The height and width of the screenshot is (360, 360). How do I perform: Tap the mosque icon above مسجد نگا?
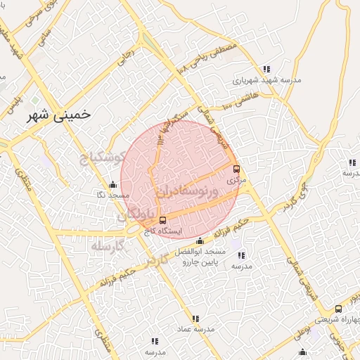[x=112, y=184]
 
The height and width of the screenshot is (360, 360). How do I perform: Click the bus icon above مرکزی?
[x=236, y=169]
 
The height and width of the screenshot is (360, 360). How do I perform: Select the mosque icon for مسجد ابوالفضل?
[x=200, y=241]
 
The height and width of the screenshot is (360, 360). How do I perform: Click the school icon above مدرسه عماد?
[x=195, y=319]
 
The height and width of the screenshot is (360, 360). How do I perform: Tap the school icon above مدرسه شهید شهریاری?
[x=266, y=69]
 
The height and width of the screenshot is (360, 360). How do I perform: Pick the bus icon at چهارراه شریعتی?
[x=338, y=309]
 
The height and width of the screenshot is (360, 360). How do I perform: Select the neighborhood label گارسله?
[x=107, y=247]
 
